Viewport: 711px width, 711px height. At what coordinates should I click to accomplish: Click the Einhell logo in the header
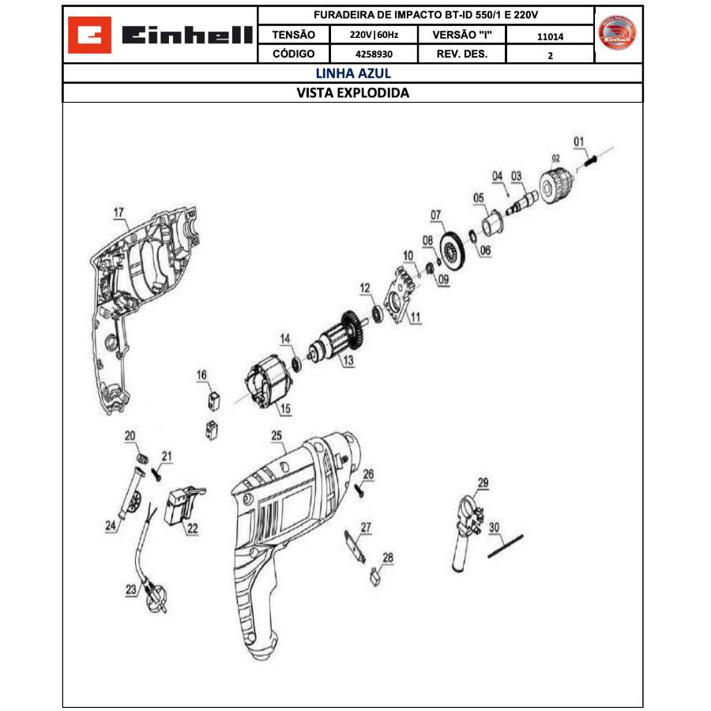(160, 36)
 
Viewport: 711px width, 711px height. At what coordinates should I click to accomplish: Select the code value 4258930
(374, 55)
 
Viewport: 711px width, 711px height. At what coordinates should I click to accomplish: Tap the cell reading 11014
(550, 36)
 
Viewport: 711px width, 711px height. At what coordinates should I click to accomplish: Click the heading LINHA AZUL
(353, 73)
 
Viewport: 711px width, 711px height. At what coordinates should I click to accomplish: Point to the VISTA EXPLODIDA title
(353, 92)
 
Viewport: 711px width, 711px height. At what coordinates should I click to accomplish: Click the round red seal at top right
(619, 33)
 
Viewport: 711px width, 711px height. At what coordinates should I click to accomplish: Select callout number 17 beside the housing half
(118, 213)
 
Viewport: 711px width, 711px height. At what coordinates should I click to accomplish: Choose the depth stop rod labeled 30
(506, 545)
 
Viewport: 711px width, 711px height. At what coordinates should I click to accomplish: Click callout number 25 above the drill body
(276, 435)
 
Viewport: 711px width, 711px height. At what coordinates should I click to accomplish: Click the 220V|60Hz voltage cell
(374, 36)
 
